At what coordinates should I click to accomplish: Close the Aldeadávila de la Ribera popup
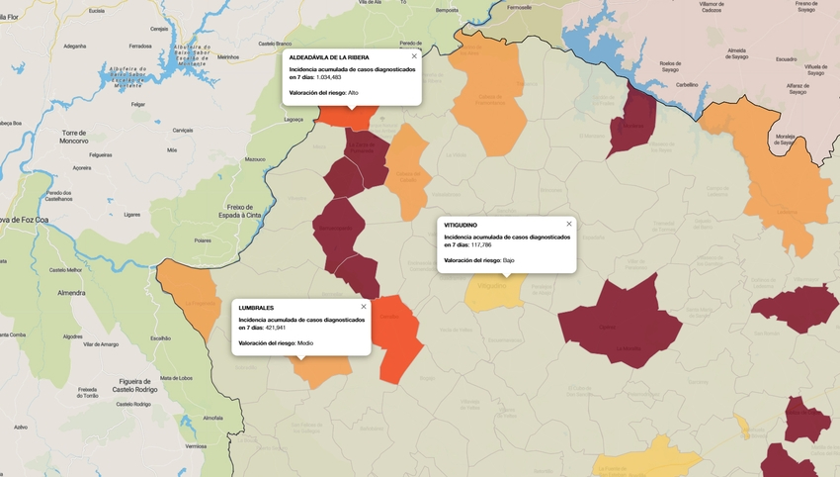point(414,56)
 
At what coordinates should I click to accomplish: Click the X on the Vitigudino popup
point(569,224)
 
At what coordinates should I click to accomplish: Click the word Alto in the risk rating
point(354,92)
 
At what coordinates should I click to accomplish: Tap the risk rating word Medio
point(305,342)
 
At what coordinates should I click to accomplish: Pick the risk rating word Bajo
point(508,259)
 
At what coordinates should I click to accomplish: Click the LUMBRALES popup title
point(257,308)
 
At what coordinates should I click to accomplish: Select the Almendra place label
point(71,293)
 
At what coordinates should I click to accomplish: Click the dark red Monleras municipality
point(630,124)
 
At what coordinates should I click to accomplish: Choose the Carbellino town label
point(687,85)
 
